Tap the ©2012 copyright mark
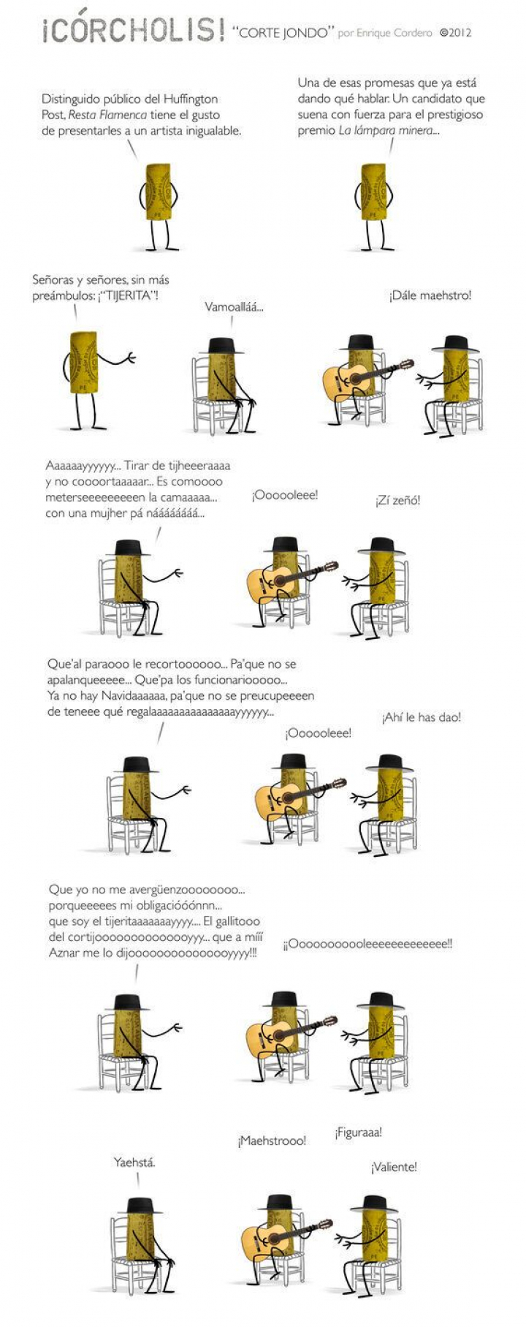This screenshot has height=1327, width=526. tap(455, 33)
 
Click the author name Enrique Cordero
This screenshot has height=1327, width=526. tap(393, 33)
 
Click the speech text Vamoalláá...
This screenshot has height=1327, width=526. tap(234, 307)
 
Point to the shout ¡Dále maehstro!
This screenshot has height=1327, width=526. tap(430, 295)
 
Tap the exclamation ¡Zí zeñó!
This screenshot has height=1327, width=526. tap(397, 501)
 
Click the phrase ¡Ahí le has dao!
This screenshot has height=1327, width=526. tap(421, 717)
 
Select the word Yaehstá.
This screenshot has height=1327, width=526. tap(134, 1162)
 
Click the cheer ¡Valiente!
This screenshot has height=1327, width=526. tap(394, 1167)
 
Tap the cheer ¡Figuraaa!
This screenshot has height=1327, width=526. tap(358, 1133)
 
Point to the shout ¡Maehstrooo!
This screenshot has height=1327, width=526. tap(272, 1141)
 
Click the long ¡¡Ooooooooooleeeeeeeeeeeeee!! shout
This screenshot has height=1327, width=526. tap(367, 944)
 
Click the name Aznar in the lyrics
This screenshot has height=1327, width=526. tap(64, 953)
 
